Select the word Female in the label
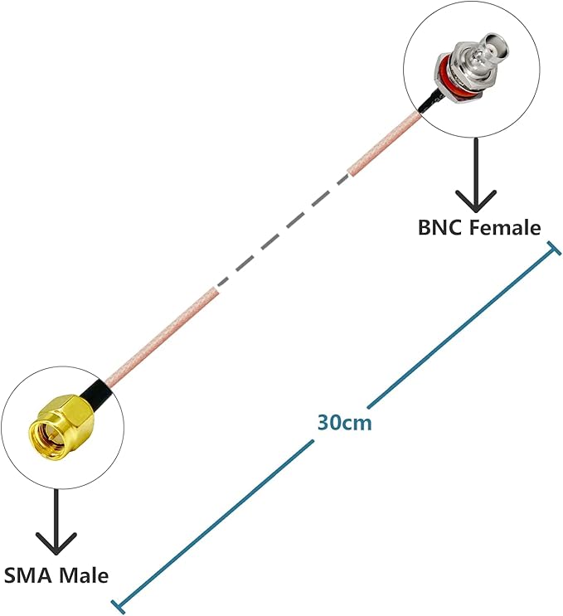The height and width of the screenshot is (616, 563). click(x=504, y=227)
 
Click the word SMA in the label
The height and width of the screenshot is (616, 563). click(x=27, y=575)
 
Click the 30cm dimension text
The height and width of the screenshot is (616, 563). click(x=344, y=423)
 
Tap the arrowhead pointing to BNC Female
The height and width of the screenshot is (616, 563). click(x=476, y=201)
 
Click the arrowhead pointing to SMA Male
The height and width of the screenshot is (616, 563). click(x=56, y=544)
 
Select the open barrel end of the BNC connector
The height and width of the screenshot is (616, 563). click(x=497, y=48)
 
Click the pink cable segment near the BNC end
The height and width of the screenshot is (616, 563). click(x=385, y=143)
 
